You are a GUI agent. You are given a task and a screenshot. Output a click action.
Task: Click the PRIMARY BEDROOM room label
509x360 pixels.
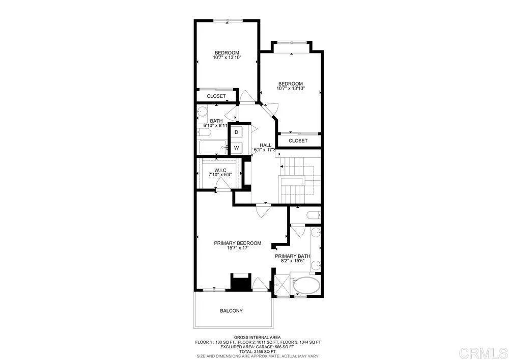(237, 243)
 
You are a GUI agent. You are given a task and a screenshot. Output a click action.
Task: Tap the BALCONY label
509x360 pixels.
(231, 311)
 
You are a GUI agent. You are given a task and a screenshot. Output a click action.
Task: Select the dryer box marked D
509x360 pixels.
(237, 132)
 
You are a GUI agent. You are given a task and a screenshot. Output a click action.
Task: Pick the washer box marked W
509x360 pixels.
(237, 148)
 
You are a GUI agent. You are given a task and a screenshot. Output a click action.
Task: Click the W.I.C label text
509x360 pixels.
(220, 170)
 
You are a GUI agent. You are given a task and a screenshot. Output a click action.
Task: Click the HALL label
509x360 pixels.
(266, 145)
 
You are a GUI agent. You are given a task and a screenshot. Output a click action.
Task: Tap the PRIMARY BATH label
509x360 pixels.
(293, 256)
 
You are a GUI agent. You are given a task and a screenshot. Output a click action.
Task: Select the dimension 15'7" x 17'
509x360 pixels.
(237, 248)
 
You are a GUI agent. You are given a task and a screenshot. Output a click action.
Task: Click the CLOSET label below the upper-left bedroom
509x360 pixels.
(216, 96)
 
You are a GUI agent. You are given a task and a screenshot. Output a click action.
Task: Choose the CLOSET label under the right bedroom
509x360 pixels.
(298, 141)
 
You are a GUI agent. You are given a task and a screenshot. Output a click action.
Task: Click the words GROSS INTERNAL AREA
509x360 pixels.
(258, 338)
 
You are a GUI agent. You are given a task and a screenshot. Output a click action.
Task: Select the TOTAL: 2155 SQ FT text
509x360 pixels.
(258, 351)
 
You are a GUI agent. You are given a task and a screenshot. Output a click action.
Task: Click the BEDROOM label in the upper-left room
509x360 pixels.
(227, 53)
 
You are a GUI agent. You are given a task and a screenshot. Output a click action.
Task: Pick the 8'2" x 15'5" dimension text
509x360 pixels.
(293, 261)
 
